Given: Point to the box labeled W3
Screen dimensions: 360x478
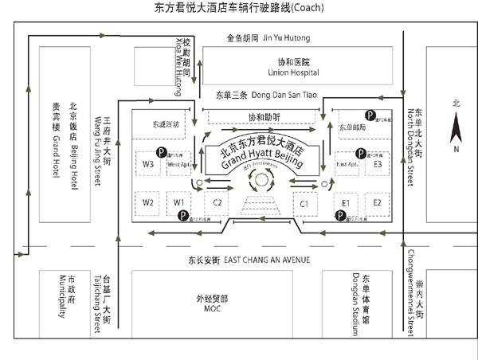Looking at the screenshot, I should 148,164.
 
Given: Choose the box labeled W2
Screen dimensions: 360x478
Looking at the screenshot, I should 148,202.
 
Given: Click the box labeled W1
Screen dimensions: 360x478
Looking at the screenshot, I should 180,202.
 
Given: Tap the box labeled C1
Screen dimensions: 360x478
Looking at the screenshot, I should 304,203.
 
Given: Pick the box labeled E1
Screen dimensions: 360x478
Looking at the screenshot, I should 346,203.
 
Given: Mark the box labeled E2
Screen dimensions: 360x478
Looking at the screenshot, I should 378,203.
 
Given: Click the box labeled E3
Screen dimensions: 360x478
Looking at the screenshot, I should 378,164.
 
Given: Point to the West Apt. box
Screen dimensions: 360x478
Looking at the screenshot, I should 179,164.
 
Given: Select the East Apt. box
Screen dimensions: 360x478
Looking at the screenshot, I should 348,164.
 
